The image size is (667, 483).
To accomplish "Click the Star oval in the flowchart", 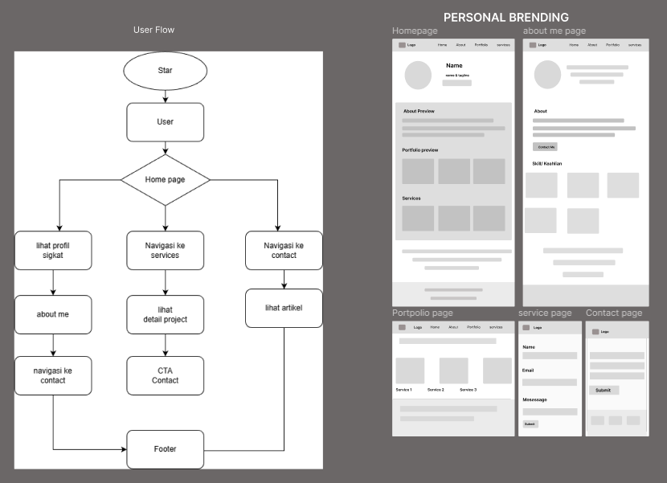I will click(x=165, y=71).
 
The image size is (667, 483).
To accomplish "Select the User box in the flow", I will click(x=165, y=122).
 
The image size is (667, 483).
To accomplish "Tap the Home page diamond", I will click(x=165, y=179).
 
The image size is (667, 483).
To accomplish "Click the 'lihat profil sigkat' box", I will click(x=53, y=250).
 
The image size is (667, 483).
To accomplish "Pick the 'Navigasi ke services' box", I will click(x=165, y=250).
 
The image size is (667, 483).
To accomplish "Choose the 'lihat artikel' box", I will click(x=284, y=308).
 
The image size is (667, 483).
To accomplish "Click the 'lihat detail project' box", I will click(x=165, y=314).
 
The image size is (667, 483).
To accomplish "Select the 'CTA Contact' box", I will click(x=165, y=375).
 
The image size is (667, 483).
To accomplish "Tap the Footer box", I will click(x=165, y=449).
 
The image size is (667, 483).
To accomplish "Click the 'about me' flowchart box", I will click(x=53, y=314).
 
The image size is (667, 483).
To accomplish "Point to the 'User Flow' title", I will click(x=153, y=30).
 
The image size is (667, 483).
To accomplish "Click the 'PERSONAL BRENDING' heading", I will click(x=505, y=17).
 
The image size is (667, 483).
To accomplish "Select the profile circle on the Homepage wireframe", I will click(x=418, y=75).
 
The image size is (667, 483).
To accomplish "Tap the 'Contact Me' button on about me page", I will click(x=546, y=147).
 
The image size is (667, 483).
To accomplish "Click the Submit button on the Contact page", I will click(x=604, y=390).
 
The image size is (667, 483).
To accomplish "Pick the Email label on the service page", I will click(x=528, y=370).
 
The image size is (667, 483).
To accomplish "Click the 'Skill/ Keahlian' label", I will click(x=547, y=163).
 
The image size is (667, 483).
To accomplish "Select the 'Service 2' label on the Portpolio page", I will click(x=436, y=390).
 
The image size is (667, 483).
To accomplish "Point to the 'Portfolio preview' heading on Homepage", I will click(x=420, y=150).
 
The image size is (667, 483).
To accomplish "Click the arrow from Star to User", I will click(x=165, y=96).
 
